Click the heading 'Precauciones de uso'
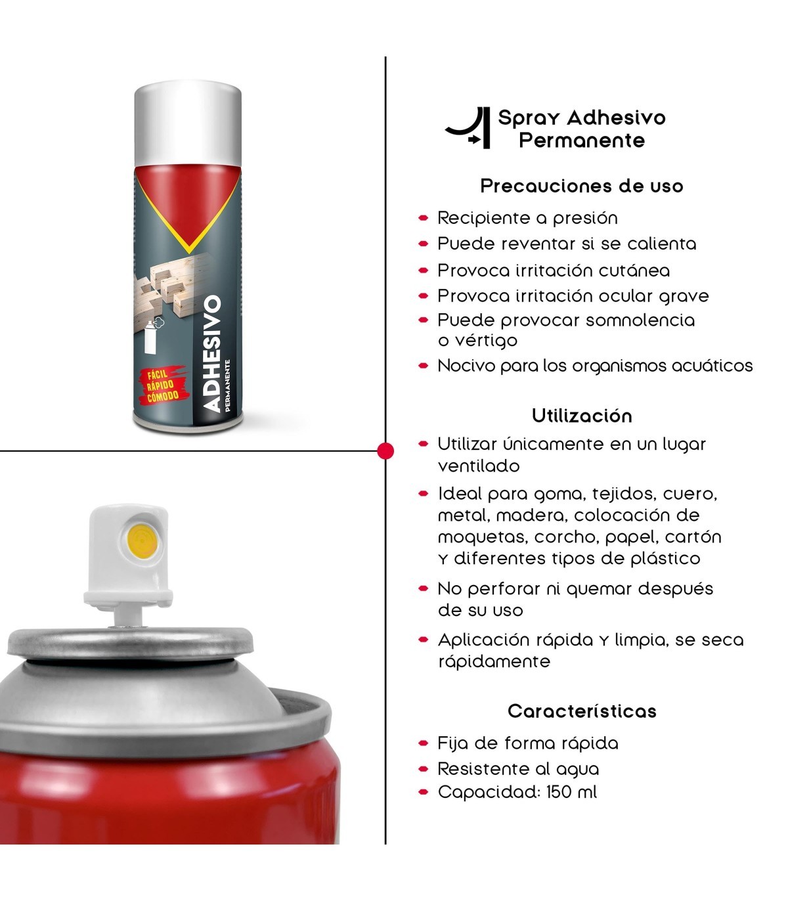tap(582, 186)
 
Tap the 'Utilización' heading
tap(582, 416)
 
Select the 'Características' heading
tap(582, 711)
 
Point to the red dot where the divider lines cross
tap(385, 451)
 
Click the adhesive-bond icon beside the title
tap(469, 127)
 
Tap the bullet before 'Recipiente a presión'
tap(424, 217)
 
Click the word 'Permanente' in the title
tap(582, 141)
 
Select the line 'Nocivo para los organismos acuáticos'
tap(595, 366)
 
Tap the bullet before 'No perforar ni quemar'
tap(424, 588)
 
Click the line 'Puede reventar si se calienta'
tap(567, 244)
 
